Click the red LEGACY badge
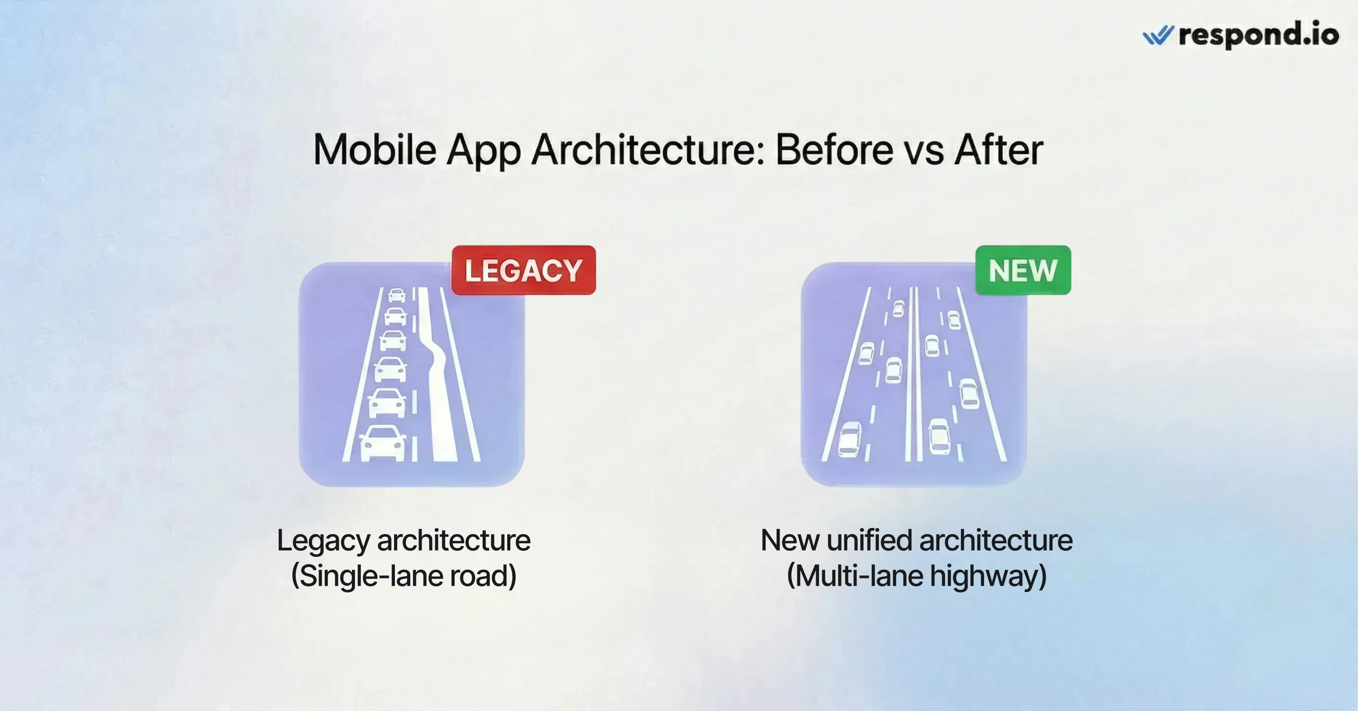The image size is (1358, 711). (523, 270)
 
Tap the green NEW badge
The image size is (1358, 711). (1023, 270)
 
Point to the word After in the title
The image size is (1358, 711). (999, 151)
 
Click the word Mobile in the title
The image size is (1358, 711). (375, 151)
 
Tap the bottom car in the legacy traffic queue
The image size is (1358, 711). (383, 442)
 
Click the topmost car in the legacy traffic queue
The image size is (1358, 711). (397, 295)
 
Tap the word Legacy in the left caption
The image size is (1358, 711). (324, 541)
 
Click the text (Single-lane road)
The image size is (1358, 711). (404, 575)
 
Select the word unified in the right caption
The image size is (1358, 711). (869, 541)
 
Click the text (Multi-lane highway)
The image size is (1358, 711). (917, 575)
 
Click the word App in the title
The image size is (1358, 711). (484, 151)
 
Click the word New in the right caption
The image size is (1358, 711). (790, 541)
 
